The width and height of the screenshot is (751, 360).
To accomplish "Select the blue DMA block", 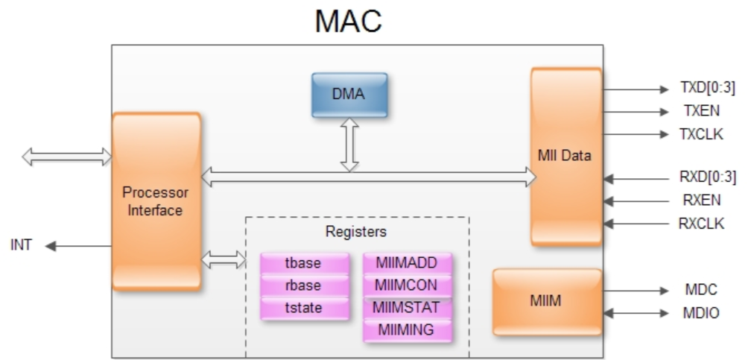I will [349, 95].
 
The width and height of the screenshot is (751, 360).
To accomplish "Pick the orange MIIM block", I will [546, 302].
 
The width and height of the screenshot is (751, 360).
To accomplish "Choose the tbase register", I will [303, 263].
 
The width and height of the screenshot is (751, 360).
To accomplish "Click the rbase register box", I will [303, 285].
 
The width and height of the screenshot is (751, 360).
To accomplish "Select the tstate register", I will [303, 306].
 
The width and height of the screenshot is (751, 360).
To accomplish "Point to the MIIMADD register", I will [408, 263].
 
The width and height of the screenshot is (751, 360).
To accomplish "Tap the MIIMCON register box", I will [408, 285].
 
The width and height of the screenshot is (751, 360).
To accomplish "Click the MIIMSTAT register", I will [408, 307].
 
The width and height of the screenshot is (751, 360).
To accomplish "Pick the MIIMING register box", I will [408, 329].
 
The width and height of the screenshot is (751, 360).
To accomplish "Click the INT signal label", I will [20, 245].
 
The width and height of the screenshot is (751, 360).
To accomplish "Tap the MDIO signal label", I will [701, 314].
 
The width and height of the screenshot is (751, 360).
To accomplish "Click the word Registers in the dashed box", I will [356, 232].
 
